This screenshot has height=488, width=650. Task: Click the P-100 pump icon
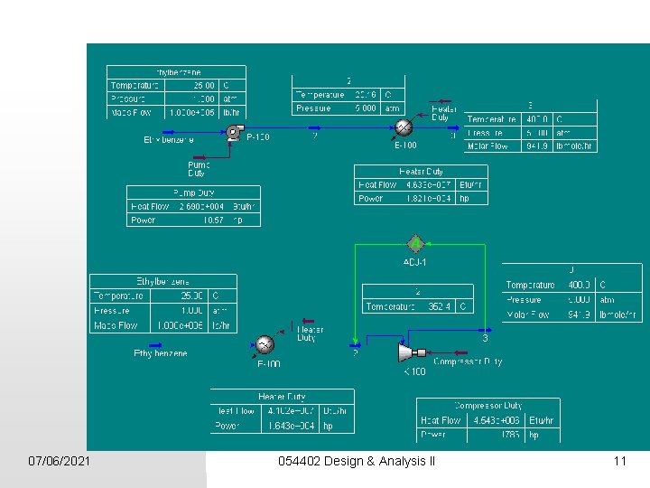pyautogui.click(x=235, y=132)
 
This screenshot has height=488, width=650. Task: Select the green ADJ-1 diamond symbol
pyautogui.click(x=414, y=243)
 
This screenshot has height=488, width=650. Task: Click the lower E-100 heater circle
pyautogui.click(x=265, y=344)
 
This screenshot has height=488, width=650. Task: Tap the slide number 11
pyautogui.click(x=619, y=462)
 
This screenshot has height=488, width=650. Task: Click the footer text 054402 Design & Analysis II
pyautogui.click(x=357, y=462)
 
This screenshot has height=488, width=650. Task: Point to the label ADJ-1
pyautogui.click(x=414, y=262)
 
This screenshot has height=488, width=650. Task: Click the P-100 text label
pyautogui.click(x=257, y=137)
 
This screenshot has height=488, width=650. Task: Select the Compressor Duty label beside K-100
pyautogui.click(x=469, y=361)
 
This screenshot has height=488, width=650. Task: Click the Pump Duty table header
pyautogui.click(x=193, y=192)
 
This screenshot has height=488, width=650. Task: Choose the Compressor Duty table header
pyautogui.click(x=488, y=406)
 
